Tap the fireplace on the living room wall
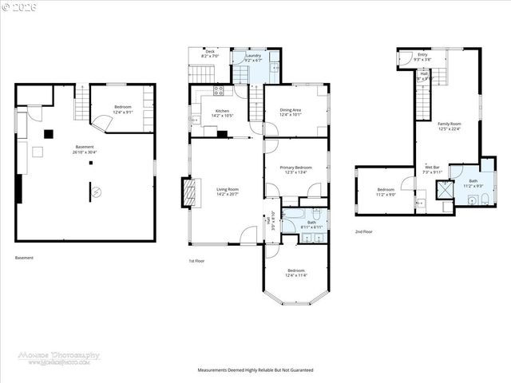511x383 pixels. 188,192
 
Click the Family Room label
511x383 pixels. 450,126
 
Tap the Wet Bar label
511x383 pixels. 432,169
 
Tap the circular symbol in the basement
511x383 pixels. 94,192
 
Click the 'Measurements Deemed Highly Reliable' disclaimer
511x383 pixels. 255,370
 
